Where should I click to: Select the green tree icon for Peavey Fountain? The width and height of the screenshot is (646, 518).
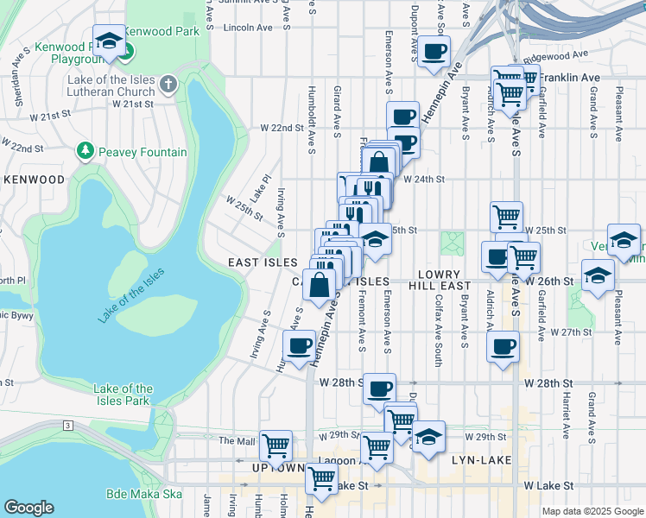85,152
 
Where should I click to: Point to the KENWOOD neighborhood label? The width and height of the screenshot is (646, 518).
34,180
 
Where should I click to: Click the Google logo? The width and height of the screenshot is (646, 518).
28,508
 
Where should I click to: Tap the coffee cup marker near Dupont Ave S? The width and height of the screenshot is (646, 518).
434,50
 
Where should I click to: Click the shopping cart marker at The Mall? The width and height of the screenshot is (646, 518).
275,445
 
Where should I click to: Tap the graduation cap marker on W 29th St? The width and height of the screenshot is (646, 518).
427,438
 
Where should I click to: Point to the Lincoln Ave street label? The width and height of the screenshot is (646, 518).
248,28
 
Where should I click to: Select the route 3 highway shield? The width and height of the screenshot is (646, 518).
66,426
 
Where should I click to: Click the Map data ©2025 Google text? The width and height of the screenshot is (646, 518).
592,511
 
